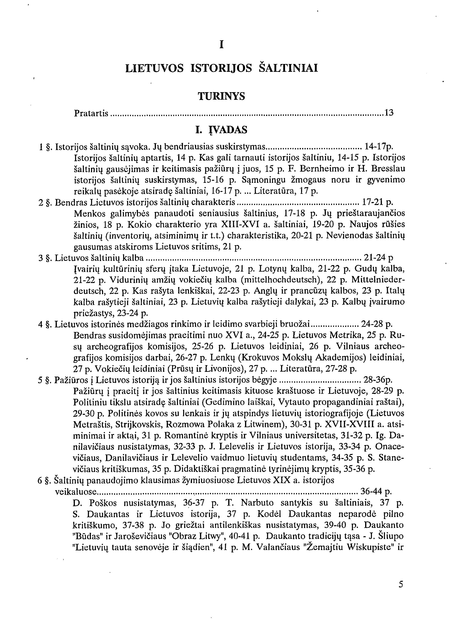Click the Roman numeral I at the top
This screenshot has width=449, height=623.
click(x=221, y=45)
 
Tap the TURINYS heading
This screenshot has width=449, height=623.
click(x=221, y=96)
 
